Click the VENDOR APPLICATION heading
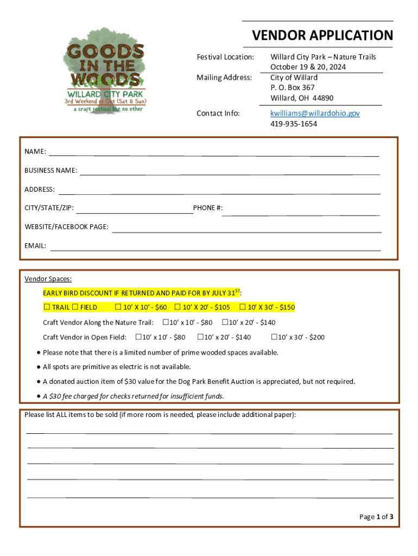click(x=322, y=36)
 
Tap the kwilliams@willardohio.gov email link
click(x=315, y=113)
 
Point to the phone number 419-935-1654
click(x=294, y=124)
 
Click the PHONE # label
click(x=207, y=208)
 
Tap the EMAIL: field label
click(x=35, y=246)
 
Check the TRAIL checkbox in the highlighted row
click(x=47, y=307)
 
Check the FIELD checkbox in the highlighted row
click(x=75, y=307)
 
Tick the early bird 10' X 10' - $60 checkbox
click(x=118, y=307)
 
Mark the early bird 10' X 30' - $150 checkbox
click(x=242, y=307)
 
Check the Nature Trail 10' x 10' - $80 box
click(x=166, y=322)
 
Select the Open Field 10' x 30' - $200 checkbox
click(x=274, y=337)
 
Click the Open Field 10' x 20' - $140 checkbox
click(x=200, y=337)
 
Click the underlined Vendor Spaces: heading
click(x=48, y=279)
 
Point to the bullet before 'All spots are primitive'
click(x=39, y=367)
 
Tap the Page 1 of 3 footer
click(x=376, y=517)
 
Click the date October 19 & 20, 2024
click(x=308, y=67)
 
